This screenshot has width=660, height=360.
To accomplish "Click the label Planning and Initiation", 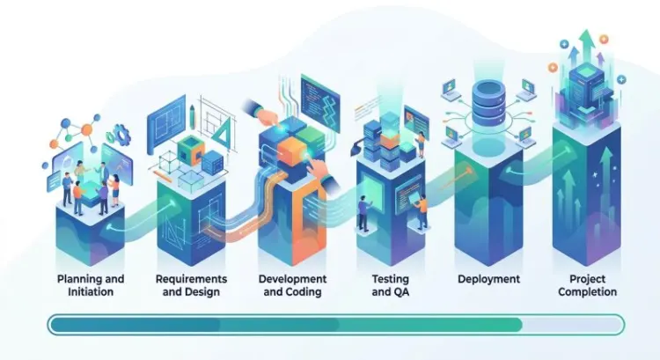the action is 91,285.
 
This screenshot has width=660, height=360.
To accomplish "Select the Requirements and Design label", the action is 191,285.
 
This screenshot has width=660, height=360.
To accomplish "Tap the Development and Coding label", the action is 292,285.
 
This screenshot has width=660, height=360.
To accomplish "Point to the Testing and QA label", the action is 391,285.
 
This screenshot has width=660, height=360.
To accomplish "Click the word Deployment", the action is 488,279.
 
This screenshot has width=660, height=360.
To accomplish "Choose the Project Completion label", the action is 588,285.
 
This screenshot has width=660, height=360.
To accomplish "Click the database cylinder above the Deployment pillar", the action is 488,103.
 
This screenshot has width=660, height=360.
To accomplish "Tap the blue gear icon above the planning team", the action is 121,135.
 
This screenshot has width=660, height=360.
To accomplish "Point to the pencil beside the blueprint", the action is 192,117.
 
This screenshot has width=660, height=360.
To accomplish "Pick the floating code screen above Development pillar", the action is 320,102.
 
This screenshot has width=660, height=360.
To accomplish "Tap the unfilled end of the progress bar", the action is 573,325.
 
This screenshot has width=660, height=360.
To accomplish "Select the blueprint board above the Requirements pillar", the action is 165,123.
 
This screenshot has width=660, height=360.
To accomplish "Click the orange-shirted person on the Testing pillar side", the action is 422,214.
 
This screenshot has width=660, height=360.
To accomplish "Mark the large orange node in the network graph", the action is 87,129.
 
